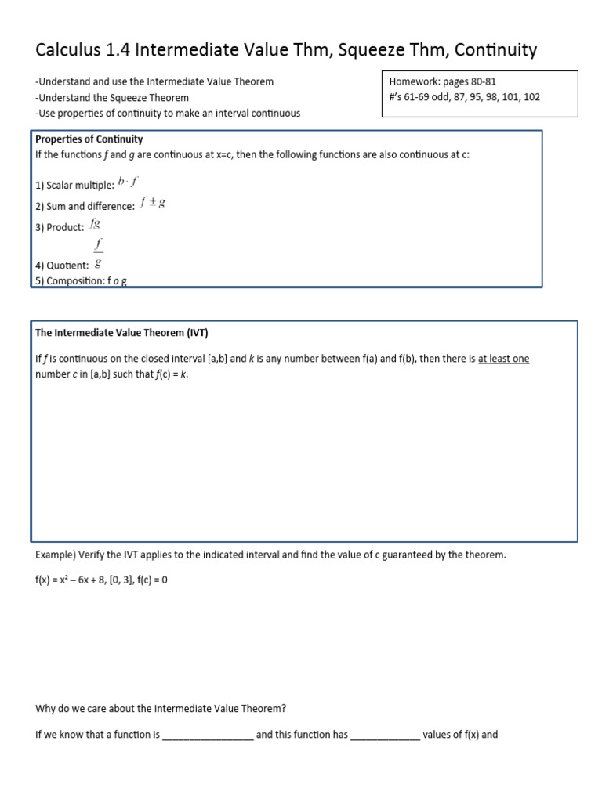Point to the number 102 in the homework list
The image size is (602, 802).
tap(531, 98)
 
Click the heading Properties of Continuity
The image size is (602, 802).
tap(89, 139)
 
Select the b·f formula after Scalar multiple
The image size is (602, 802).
tap(128, 182)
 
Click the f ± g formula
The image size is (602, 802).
tap(152, 204)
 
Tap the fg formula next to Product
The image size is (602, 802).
tap(95, 224)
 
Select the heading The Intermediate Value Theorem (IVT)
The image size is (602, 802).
tap(121, 332)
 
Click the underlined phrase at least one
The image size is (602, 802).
tap(503, 359)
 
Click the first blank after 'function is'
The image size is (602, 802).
tap(208, 735)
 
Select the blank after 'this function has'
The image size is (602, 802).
tap(385, 735)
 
